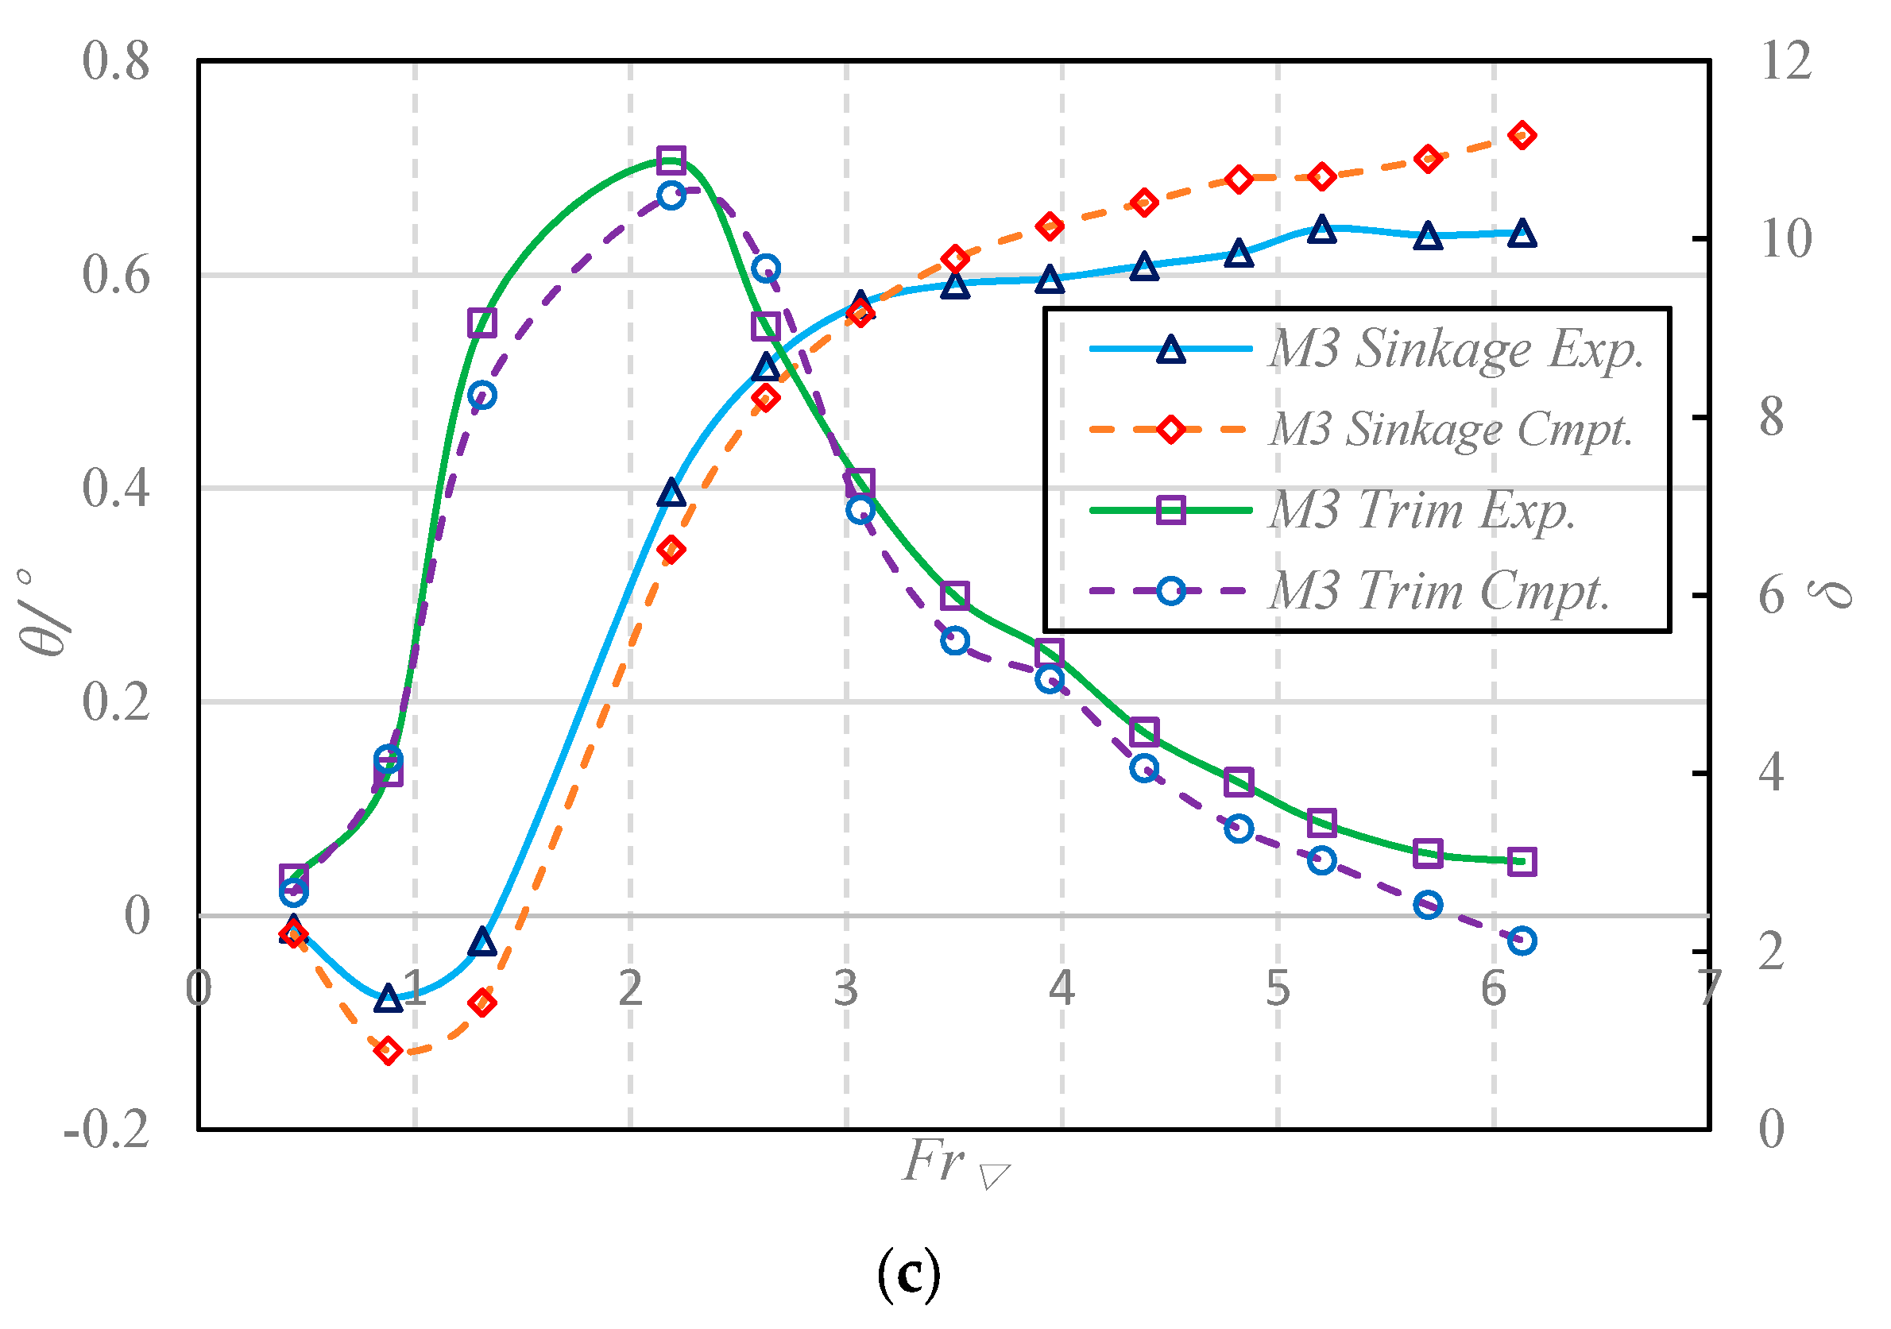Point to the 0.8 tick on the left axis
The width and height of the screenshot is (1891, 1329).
116,61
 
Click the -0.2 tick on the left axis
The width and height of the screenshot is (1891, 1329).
106,1129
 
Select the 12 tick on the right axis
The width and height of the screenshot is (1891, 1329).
1785,61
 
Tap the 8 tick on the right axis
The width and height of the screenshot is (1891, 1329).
1772,418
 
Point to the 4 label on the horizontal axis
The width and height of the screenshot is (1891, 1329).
1062,988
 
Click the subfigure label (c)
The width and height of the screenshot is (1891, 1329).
908,1275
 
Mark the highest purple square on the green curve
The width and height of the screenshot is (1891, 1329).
671,160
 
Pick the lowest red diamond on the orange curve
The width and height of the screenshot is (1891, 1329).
388,1051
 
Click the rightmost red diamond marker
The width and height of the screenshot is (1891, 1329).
1522,136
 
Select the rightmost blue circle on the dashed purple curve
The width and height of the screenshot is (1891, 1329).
1522,941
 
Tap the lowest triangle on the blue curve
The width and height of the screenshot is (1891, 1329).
388,999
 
